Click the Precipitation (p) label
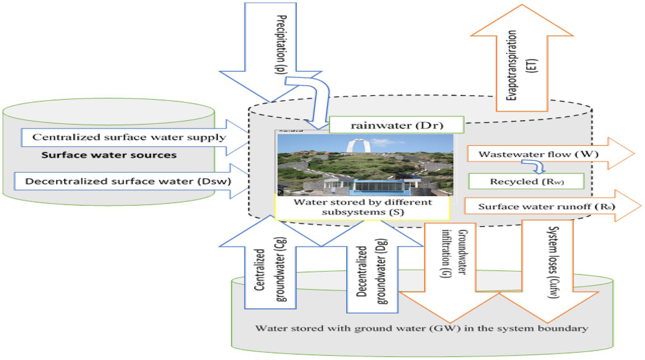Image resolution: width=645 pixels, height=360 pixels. click(x=281, y=45)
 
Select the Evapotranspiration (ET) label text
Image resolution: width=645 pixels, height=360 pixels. click(x=521, y=66)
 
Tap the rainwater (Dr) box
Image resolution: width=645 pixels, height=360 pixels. click(x=396, y=125)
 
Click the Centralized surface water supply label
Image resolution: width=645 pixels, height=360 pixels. click(x=129, y=137)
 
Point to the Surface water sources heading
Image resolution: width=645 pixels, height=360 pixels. click(x=109, y=155)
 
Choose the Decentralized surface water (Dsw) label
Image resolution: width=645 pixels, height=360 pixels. click(x=128, y=181)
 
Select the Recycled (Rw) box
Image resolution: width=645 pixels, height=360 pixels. click(x=526, y=181)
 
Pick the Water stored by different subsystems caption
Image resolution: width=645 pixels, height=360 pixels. click(x=362, y=207)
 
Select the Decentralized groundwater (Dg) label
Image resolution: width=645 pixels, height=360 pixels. click(x=372, y=272)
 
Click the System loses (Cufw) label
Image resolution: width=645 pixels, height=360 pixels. click(x=553, y=262)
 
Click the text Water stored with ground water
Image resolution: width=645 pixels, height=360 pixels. click(x=421, y=328)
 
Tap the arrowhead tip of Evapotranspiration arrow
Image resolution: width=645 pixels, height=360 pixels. click(x=522, y=6)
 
